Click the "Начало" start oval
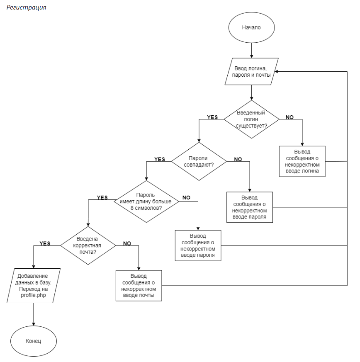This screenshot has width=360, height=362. coord(251,27)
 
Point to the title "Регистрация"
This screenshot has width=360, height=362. coord(26,8)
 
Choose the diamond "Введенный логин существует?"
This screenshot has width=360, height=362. coord(251,119)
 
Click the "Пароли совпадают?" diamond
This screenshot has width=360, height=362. coord(199,161)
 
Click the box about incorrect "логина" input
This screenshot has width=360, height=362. coord(302,161)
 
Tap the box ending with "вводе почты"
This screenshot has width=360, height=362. coord(139,286)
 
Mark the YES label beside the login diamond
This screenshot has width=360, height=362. coord(212,117)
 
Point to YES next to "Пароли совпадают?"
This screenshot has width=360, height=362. coord(160,159)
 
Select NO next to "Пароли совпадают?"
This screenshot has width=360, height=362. coord(238,159)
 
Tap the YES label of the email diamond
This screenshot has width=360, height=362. coord(45,243)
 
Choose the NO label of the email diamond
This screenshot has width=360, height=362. coord(127,243)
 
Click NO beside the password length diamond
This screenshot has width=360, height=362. coord(186,198)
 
